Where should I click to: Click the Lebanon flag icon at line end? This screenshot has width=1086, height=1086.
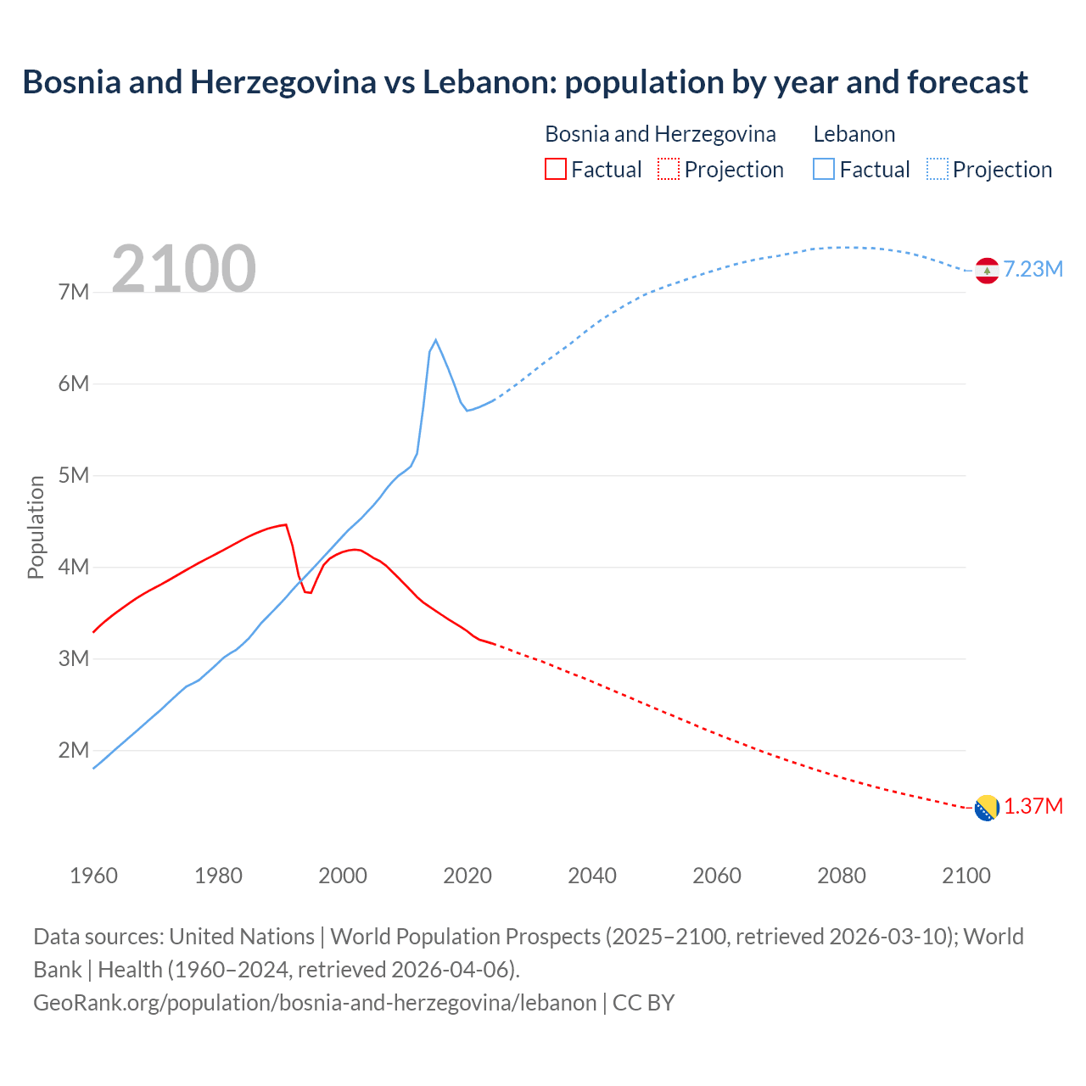coord(987,270)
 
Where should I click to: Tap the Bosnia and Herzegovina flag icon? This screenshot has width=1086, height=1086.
coord(987,808)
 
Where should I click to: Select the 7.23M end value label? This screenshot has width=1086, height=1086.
coord(1033,270)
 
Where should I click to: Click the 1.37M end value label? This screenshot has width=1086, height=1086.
coord(1033,807)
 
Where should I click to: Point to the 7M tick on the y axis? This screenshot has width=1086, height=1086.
coord(74,293)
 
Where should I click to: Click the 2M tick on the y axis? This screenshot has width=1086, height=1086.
coord(74,751)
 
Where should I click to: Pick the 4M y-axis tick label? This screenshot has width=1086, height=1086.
coord(74,568)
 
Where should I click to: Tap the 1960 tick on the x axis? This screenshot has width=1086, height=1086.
coord(93,876)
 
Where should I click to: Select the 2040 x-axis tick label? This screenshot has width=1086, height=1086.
coord(592,876)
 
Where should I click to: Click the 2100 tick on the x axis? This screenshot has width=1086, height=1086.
coord(966,876)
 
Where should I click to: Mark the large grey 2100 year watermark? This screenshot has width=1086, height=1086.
coord(183,269)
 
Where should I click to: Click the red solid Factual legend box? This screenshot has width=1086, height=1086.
coord(555,170)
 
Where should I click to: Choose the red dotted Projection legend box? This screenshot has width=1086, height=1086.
coord(669,170)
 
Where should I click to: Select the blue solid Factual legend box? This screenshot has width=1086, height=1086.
coord(824,170)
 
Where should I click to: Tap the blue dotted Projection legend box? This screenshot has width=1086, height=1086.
coord(938,170)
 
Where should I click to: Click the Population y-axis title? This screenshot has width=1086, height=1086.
coord(36,527)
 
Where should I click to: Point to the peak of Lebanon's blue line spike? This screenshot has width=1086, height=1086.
coord(435,340)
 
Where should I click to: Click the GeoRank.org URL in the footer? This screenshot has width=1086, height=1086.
coord(315,1003)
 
